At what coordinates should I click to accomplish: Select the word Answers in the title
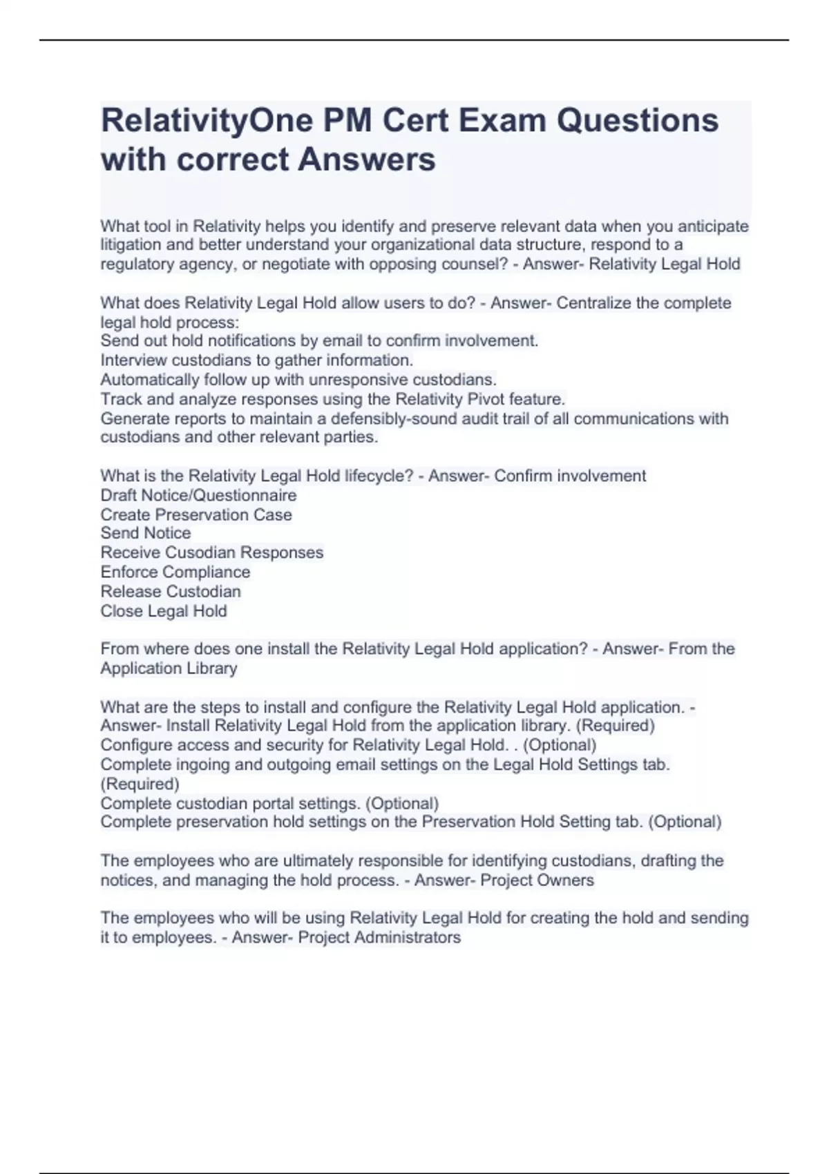pyautogui.click(x=366, y=160)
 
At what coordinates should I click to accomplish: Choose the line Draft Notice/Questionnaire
pyautogui.click(x=198, y=495)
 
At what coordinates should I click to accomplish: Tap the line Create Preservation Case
pyautogui.click(x=196, y=514)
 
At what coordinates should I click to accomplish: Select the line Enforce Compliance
pyautogui.click(x=175, y=572)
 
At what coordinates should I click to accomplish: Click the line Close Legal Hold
pyautogui.click(x=164, y=610)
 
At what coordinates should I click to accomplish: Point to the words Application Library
pyautogui.click(x=169, y=668)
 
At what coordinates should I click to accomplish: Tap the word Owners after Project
pyautogui.click(x=566, y=880)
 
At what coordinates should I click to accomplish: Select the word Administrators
pyautogui.click(x=414, y=937)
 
